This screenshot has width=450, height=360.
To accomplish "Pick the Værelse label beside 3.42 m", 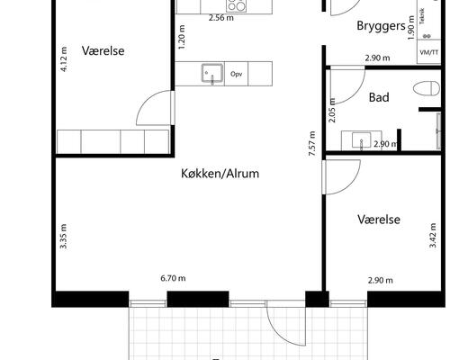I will click(378, 220).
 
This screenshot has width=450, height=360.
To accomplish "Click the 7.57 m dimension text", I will click(312, 144).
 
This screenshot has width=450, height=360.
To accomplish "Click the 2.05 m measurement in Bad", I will click(332, 110).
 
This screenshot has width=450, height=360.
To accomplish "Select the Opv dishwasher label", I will click(237, 74).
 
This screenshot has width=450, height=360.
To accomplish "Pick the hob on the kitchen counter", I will click(212, 4).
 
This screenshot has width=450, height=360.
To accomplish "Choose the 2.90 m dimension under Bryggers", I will click(377, 58).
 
